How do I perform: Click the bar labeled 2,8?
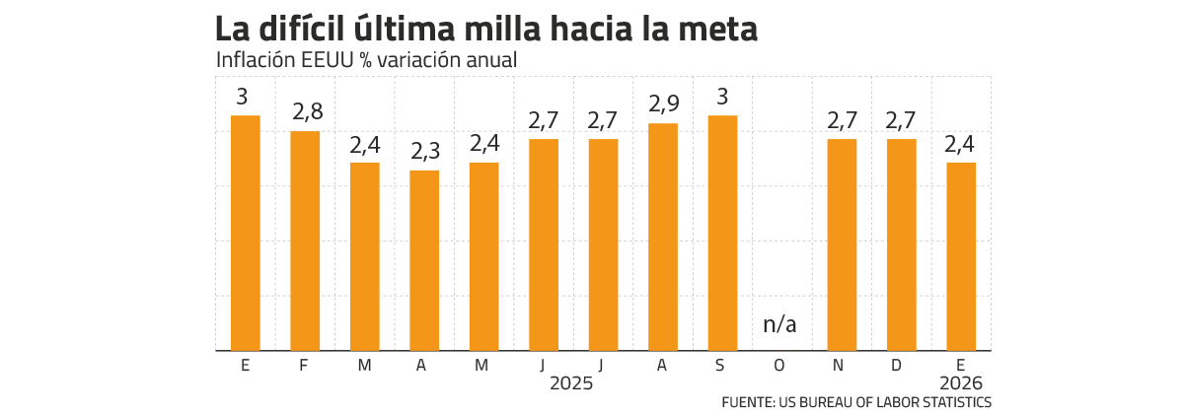[305, 241]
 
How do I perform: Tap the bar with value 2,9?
[662, 237]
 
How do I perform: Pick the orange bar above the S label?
[722, 233]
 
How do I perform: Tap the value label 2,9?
[662, 104]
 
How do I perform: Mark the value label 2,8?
[308, 112]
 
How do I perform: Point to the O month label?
[780, 366]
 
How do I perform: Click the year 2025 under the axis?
[572, 382]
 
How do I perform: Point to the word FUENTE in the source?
[747, 402]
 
